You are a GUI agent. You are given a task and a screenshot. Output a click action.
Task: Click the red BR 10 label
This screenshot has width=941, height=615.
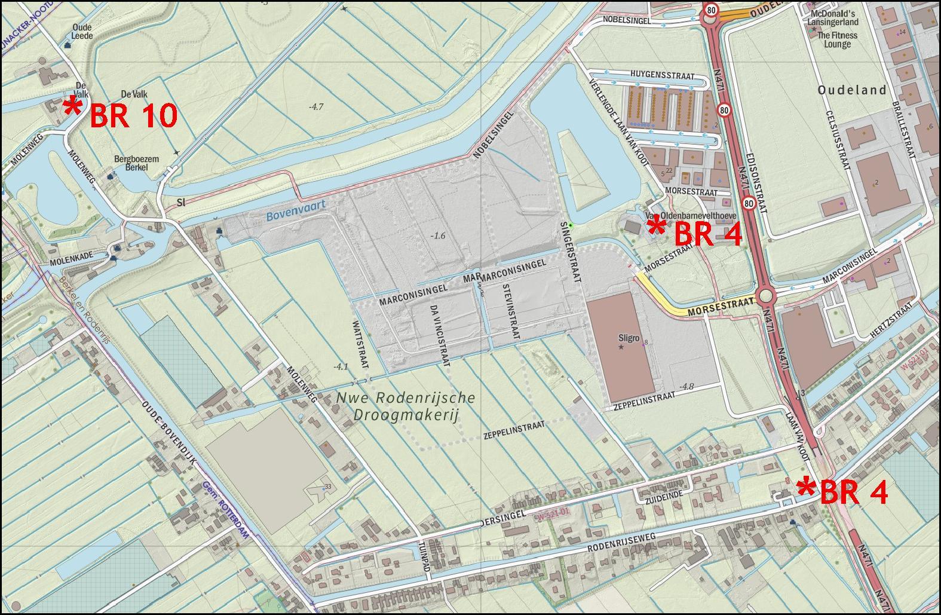coord(133,116)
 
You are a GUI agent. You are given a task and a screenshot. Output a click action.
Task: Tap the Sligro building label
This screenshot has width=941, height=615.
coord(629,337)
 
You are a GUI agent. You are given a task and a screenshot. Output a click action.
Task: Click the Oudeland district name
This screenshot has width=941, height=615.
coord(851,90)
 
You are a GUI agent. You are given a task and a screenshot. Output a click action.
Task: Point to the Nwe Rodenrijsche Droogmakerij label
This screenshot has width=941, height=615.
coord(406,406)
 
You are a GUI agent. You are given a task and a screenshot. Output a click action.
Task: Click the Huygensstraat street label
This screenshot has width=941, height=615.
coord(663,77)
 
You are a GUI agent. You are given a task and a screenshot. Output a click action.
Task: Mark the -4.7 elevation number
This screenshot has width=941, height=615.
coord(316,107)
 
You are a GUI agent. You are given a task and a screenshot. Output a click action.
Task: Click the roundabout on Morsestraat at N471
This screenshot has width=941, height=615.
coord(767,296)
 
